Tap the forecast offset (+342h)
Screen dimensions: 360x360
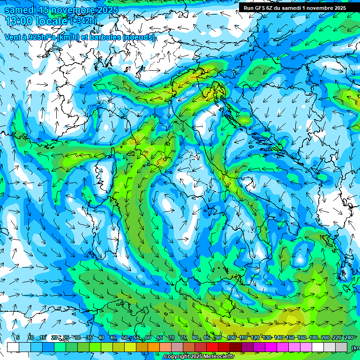coord(85,21)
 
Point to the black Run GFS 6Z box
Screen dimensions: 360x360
coord(295,8)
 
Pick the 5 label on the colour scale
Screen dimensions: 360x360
coord(18,338)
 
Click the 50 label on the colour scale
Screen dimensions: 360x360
coord(124,338)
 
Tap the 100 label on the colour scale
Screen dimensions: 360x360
coord(231,338)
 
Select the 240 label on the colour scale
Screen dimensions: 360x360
coord(348,338)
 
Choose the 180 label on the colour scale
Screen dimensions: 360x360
coord(313,338)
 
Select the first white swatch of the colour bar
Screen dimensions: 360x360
coord(13,347)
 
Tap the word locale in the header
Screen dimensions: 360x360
coord(51,21)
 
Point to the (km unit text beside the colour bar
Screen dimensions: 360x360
coord(355,348)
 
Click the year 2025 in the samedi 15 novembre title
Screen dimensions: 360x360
coord(108,10)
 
